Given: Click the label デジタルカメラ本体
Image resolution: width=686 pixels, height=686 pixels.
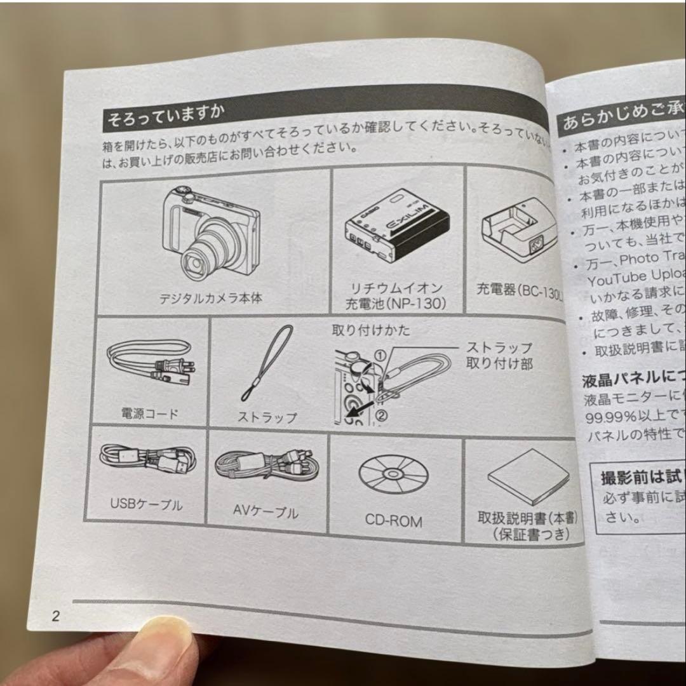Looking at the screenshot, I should click(x=211, y=298).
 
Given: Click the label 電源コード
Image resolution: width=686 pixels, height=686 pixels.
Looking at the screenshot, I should click(x=150, y=414).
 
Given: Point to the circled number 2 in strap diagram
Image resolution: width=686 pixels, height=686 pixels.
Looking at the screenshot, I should click(x=382, y=416).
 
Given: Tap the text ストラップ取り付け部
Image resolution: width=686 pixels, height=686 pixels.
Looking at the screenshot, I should click(x=499, y=356).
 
